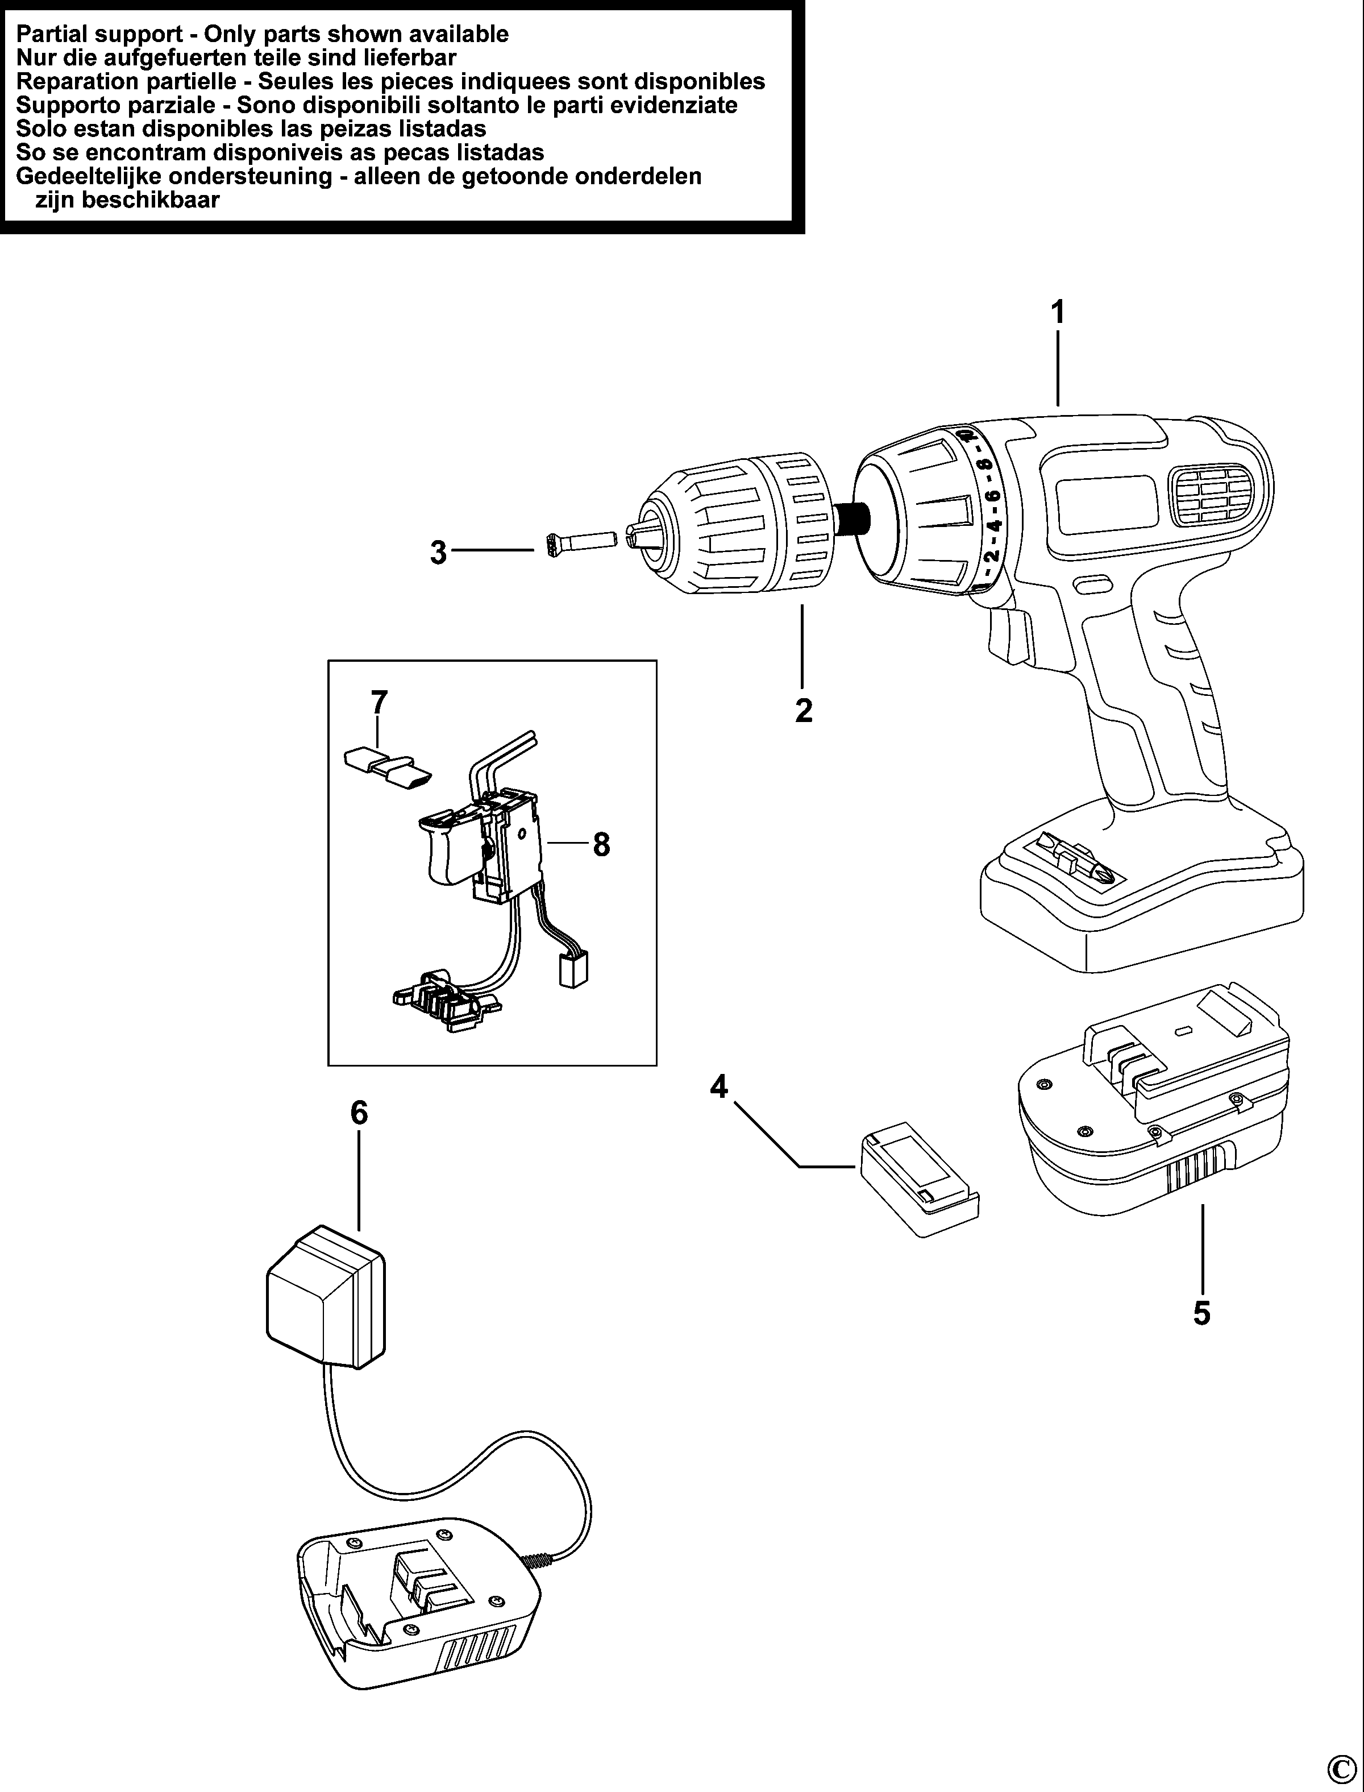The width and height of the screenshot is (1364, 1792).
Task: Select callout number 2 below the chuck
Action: tap(803, 711)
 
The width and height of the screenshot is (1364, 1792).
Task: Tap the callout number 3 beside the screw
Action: tap(438, 553)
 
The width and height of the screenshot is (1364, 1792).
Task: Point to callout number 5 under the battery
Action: tap(1201, 1313)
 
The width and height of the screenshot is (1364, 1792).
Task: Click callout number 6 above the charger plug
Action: tap(359, 1113)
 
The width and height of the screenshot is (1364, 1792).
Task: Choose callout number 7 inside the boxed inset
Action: tap(379, 702)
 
